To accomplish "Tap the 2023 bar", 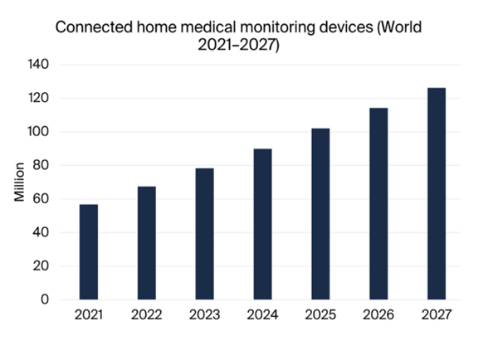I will (204, 234).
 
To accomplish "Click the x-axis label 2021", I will (88, 315).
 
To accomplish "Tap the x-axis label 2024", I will (262, 315).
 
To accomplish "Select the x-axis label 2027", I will (437, 315).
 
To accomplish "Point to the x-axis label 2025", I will (320, 315).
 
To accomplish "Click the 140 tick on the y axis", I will (39, 65).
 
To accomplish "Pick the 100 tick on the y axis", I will (39, 132).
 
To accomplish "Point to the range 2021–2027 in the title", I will (238, 46).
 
